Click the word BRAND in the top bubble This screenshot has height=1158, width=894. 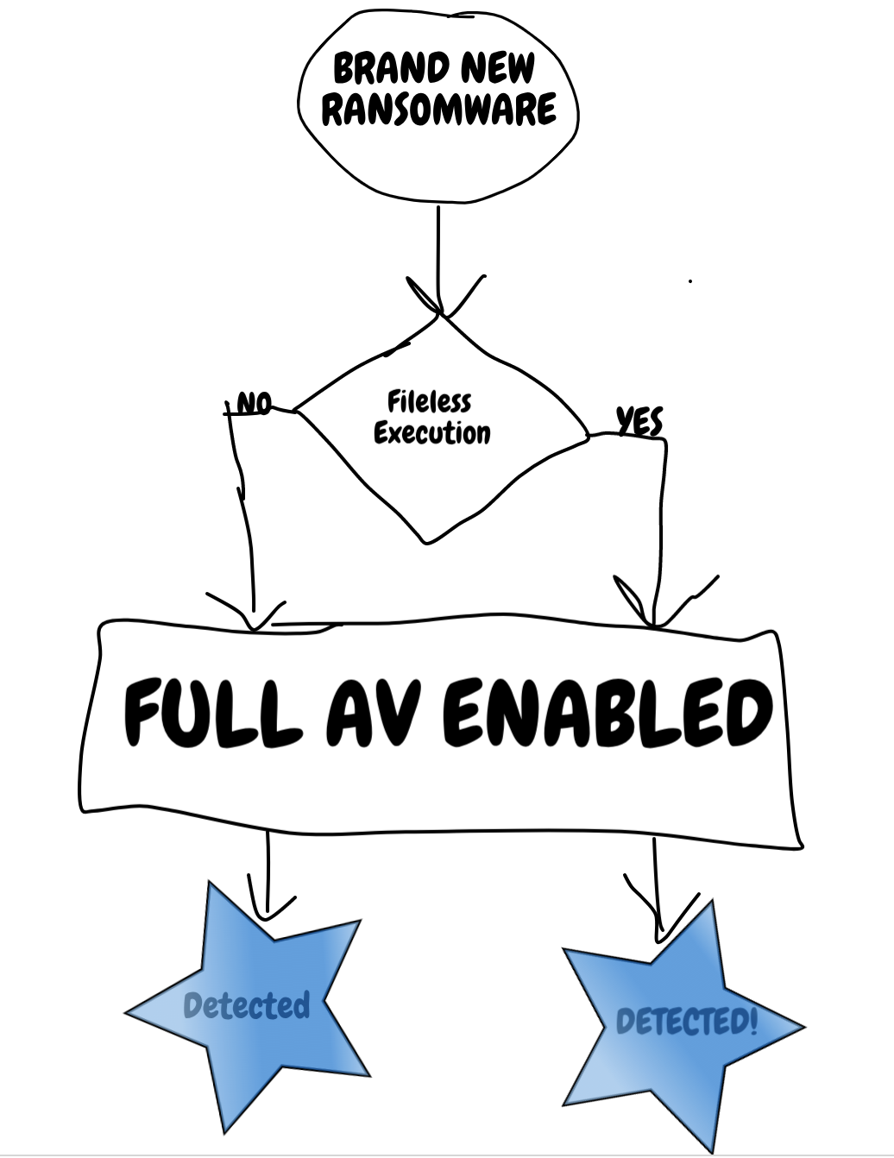click(390, 69)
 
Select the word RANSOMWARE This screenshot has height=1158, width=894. click(438, 110)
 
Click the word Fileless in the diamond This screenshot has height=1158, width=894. click(429, 402)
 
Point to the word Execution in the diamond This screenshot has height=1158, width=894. click(431, 432)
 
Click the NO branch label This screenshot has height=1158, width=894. click(253, 404)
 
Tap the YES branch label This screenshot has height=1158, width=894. click(639, 421)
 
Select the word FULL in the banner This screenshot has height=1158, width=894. click(214, 714)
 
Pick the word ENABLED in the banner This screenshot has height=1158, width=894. click(608, 713)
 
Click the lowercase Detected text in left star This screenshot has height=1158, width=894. click(246, 1005)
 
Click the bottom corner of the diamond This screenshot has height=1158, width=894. click(427, 542)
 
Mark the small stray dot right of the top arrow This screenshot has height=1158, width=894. click(690, 280)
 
